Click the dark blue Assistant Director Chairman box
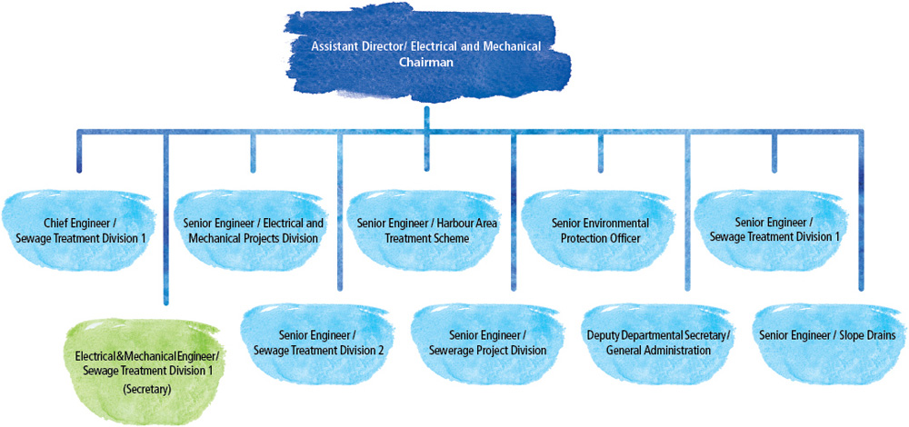[x=425, y=55]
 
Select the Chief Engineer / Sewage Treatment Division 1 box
[x=81, y=230]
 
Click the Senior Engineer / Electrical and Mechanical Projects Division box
[x=253, y=230]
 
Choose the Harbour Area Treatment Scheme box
[x=425, y=230]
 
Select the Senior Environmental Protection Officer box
[x=600, y=230]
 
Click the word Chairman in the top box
[x=425, y=63]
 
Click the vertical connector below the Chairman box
[x=425, y=114]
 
